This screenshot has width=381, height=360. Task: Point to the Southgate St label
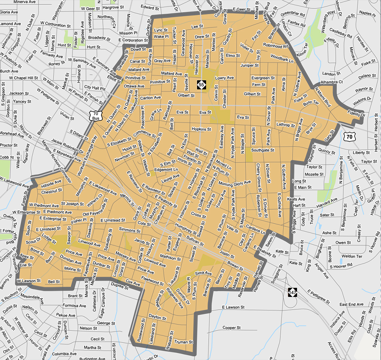coord(263,150)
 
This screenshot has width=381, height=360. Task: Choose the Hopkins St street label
coord(201,129)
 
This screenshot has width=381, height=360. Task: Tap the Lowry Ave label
coord(224,78)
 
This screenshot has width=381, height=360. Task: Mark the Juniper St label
coord(250,65)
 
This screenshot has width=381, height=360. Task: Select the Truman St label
coord(184,342)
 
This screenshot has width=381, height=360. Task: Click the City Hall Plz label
coord(94,88)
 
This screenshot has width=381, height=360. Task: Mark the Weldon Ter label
coord(352,256)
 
